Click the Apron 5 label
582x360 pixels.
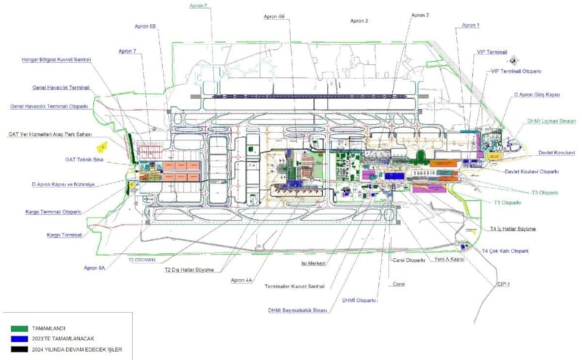click(x=198, y=6)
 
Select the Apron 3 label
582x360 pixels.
click(x=359, y=22)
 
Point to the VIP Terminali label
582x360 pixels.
click(x=492, y=52)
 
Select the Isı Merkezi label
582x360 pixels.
click(x=313, y=263)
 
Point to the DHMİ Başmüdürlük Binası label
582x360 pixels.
click(x=297, y=311)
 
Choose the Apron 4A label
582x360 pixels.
click(x=242, y=280)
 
